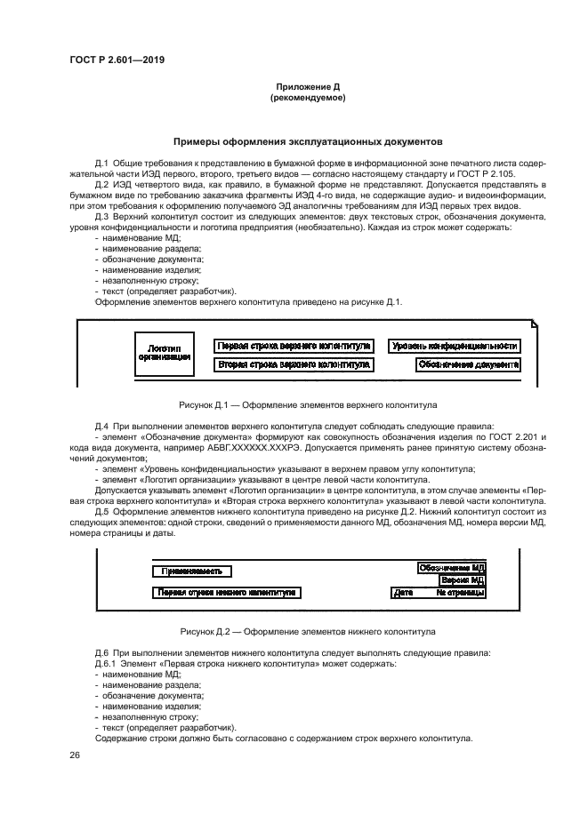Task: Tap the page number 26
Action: (x=75, y=755)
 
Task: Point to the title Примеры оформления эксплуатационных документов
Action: (x=307, y=141)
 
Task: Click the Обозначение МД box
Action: (x=452, y=567)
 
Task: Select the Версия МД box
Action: (x=462, y=579)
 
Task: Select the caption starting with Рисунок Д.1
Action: (x=307, y=404)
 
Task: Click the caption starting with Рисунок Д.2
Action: (x=307, y=631)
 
